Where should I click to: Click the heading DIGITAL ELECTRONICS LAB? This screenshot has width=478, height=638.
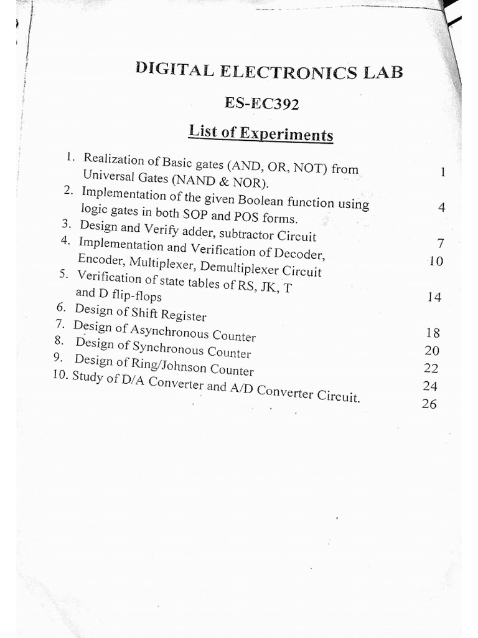tap(269, 72)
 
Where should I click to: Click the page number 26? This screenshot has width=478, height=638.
tap(429, 404)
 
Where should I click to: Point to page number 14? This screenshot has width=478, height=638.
tap(434, 298)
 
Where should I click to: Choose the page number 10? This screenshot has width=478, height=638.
tap(436, 261)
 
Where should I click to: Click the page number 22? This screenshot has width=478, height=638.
tap(431, 368)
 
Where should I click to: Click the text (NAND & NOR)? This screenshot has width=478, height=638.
tap(212, 183)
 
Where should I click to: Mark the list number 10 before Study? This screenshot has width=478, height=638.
tap(61, 376)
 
